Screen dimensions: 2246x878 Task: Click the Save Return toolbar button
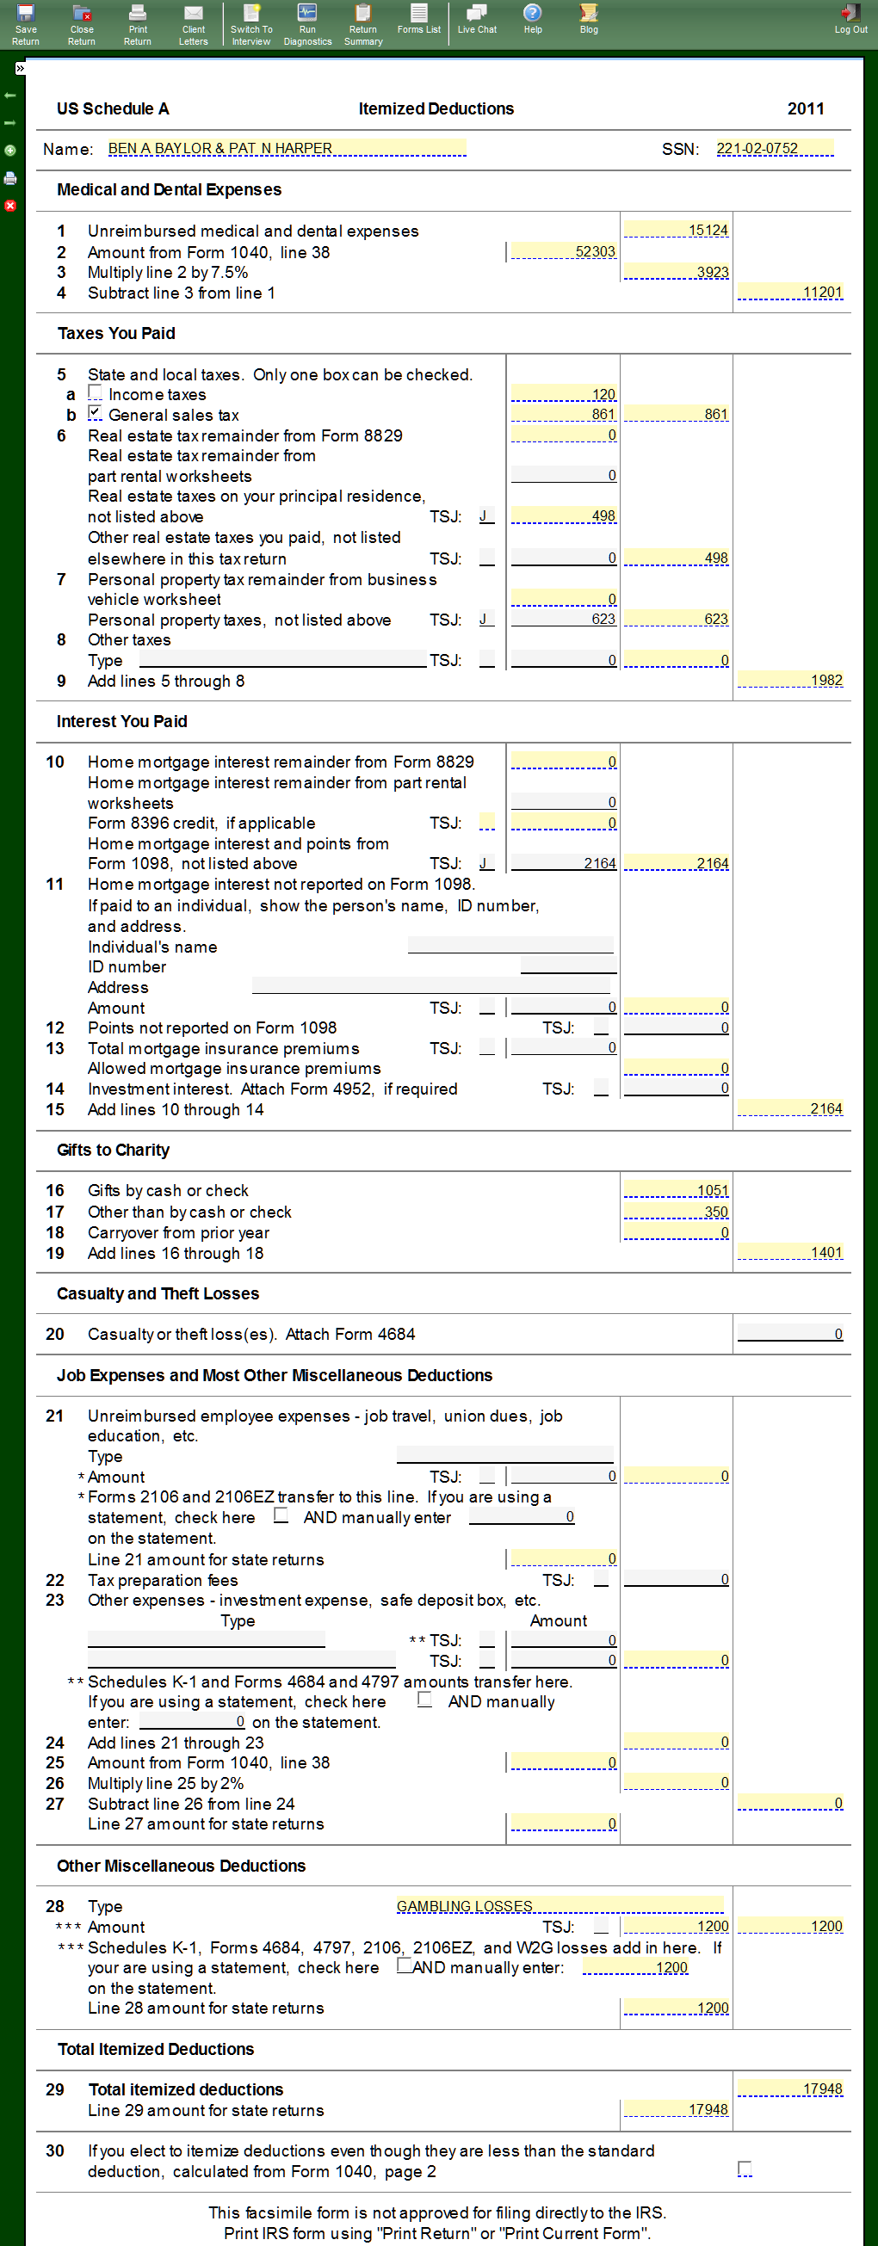point(25,23)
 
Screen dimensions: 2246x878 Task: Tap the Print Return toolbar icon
point(137,23)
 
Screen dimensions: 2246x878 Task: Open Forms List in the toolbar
point(418,18)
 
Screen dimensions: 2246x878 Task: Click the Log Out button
point(850,18)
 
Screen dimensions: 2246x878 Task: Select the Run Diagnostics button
point(307,23)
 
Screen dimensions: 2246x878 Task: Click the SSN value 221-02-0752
point(773,148)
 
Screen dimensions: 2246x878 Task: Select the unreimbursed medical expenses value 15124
point(677,230)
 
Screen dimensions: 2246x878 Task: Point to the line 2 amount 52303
point(563,251)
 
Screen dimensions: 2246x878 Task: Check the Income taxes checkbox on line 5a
point(95,393)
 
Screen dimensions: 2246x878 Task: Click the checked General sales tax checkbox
point(95,413)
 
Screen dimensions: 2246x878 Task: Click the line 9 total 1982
point(790,680)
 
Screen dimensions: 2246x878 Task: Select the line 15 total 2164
point(790,1109)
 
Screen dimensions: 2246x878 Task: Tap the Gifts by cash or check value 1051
point(677,1190)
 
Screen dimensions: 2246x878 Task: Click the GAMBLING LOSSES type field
point(559,1906)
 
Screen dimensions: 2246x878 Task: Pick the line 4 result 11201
point(790,292)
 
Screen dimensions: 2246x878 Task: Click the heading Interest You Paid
point(122,721)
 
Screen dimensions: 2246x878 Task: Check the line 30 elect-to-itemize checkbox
point(745,2168)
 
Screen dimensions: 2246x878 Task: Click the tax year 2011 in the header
point(806,108)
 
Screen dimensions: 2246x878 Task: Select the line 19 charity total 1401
point(790,1253)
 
